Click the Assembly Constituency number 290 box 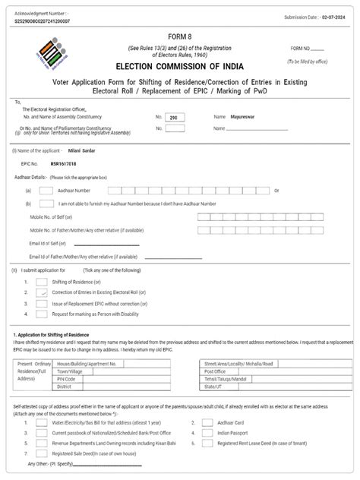[174, 118]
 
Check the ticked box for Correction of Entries [42, 292]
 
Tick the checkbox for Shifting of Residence [42, 281]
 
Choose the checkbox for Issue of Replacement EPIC [42, 302]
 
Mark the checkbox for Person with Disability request [42, 313]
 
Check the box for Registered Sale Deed [42, 451]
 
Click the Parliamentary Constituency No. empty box [174, 128]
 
